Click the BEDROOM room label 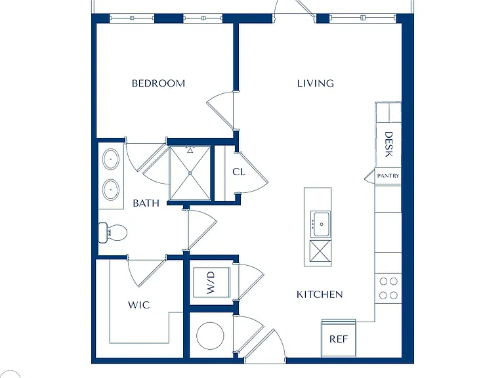158,83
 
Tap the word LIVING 315,83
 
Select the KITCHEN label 320,295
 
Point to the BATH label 146,203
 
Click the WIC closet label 139,304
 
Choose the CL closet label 239,172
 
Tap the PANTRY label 388,176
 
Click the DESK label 388,144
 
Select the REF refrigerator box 339,338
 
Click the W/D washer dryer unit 211,283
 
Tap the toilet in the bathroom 112,232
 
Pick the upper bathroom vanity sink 111,159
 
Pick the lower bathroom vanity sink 111,189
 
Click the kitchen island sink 320,224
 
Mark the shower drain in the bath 190,173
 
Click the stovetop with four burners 388,288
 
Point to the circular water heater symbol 210,336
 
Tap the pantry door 369,176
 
